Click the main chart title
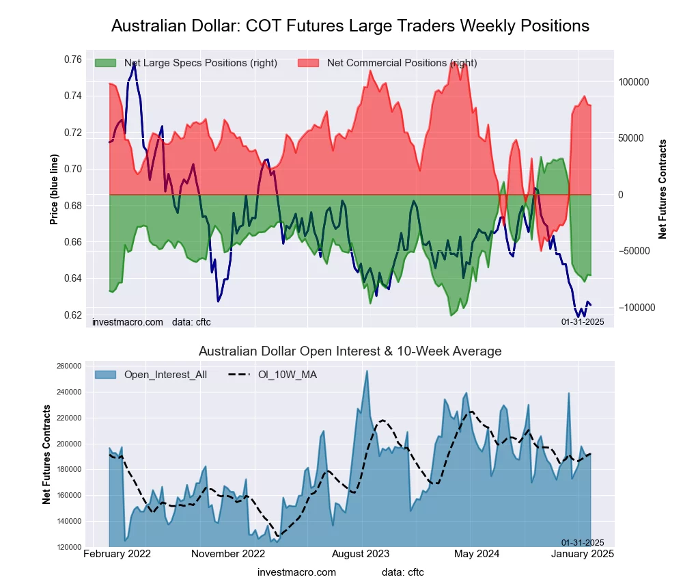pyautogui.click(x=350, y=26)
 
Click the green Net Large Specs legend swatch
pyautogui.click(x=106, y=63)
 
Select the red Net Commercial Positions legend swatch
pyautogui.click(x=309, y=63)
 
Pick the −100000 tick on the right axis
pyautogui.click(x=635, y=308)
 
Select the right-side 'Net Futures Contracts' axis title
pyautogui.click(x=663, y=189)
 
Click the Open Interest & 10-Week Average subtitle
pyautogui.click(x=350, y=351)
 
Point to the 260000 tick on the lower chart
pyautogui.click(x=70, y=366)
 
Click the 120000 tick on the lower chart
pyautogui.click(x=70, y=547)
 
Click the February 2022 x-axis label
pyautogui.click(x=117, y=554)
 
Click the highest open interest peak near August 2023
pyautogui.click(x=367, y=371)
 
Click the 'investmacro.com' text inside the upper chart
pyautogui.click(x=128, y=321)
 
